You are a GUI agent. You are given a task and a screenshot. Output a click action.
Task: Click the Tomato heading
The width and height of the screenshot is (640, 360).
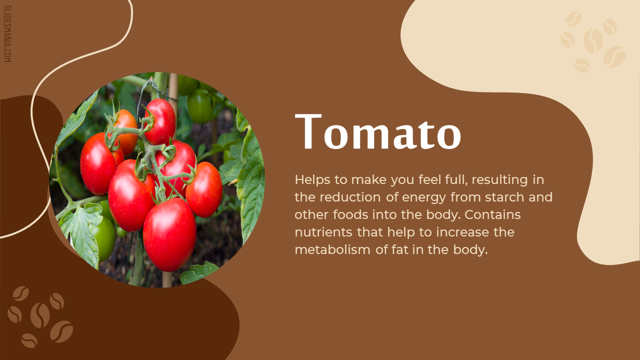378,131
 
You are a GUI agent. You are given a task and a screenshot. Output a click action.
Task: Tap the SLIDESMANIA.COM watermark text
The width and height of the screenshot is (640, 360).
7,33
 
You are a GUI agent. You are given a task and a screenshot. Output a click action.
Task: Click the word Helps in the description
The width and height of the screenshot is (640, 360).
312,180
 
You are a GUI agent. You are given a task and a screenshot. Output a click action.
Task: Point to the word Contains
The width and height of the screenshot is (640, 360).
492,215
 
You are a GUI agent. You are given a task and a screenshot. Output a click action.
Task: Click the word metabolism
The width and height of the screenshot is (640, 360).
332,249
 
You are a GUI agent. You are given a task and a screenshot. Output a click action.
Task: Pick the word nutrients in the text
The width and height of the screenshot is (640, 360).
323,232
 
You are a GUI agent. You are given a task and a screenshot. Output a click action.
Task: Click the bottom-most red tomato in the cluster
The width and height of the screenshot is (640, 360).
169,235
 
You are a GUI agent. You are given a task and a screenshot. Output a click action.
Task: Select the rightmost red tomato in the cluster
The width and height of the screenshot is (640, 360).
204,189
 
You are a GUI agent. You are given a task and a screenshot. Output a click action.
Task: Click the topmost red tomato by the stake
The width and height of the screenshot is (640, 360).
160,121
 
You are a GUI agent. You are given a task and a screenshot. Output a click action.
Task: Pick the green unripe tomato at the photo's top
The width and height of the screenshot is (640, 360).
200,105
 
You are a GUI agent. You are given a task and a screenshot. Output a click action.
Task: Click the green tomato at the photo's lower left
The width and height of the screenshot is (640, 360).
103,238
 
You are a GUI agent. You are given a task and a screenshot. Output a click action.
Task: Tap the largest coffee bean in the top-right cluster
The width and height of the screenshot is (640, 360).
593,40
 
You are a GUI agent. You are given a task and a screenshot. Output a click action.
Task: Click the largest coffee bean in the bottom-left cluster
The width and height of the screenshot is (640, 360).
40,315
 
